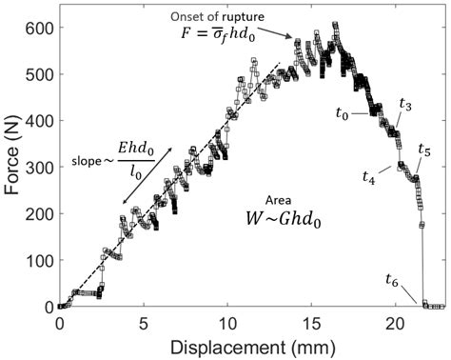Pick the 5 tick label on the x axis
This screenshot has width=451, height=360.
(144, 323)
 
